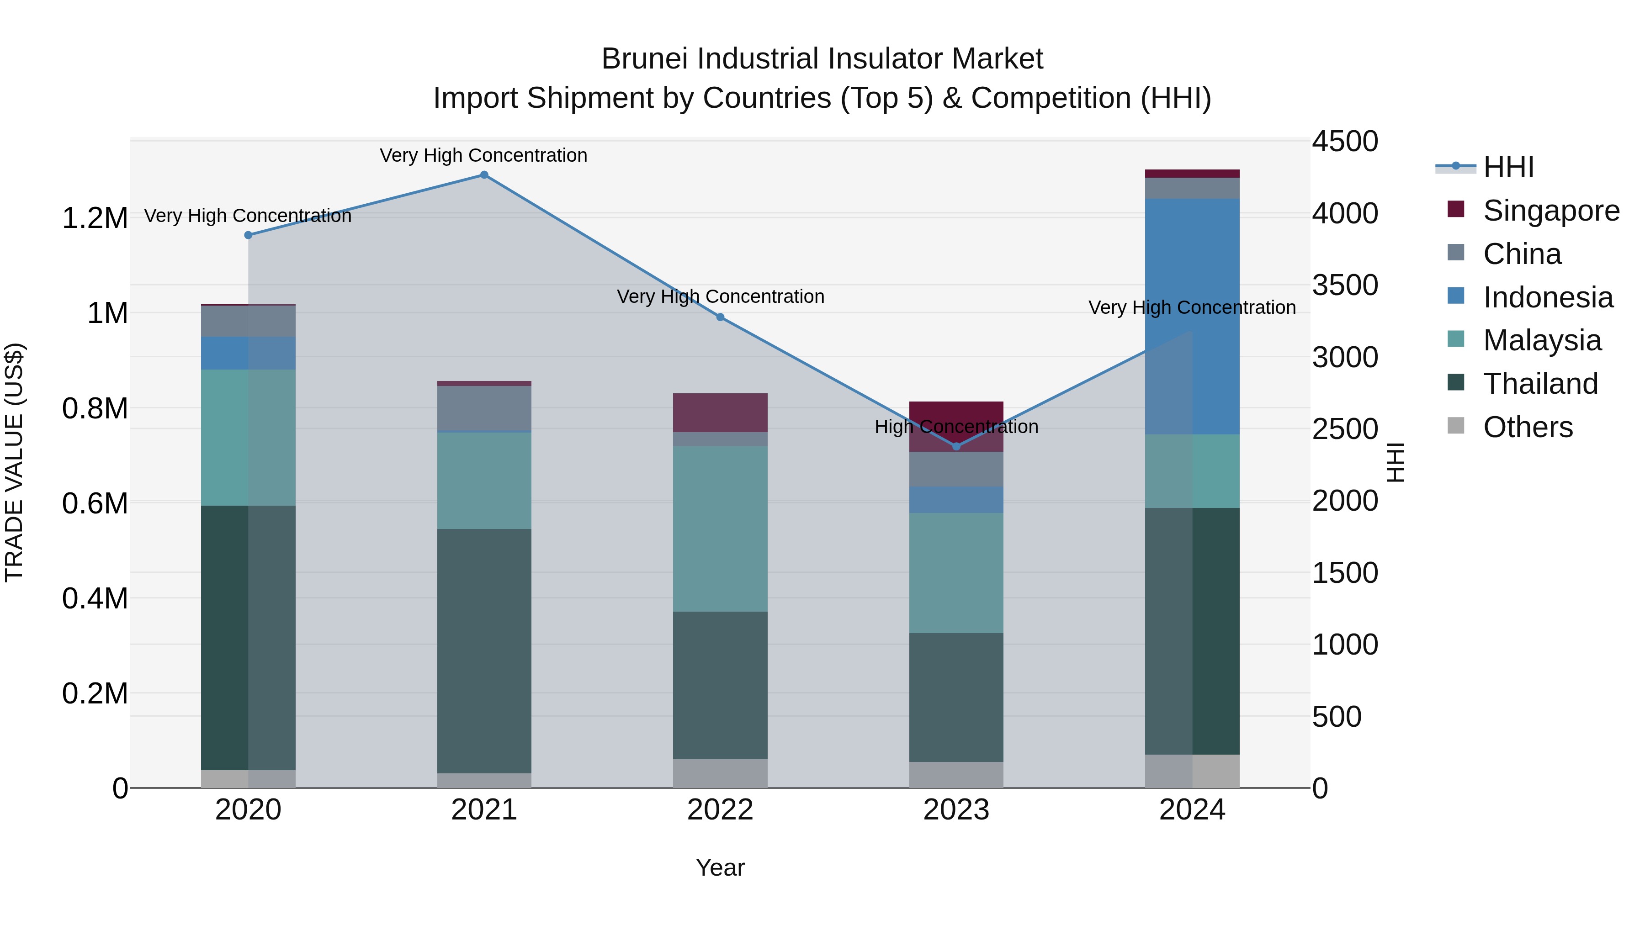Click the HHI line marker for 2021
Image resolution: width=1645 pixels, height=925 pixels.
pos(484,175)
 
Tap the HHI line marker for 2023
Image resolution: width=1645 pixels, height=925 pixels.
pos(956,446)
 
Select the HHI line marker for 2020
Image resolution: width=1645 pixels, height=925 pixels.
pos(249,235)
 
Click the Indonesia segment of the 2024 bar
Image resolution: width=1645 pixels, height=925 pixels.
pos(1192,316)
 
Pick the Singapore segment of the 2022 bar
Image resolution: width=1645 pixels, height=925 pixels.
pos(720,412)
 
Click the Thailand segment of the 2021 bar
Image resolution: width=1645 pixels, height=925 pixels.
pos(484,650)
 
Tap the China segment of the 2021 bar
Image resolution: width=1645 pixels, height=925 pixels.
pos(484,408)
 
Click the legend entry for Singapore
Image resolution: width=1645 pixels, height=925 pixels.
pos(1550,211)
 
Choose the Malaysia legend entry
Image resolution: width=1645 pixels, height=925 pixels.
pos(1542,340)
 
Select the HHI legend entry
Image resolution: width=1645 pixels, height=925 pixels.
pos(1508,167)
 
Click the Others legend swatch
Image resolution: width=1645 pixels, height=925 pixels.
pos(1456,425)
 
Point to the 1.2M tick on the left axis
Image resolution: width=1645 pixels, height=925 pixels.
pos(95,218)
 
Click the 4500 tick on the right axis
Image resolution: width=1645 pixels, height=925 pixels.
pos(1344,142)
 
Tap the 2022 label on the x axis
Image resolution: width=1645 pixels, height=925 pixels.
pos(720,810)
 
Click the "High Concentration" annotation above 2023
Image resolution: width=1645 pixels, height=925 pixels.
pos(956,427)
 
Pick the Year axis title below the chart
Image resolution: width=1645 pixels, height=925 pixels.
pos(720,867)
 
